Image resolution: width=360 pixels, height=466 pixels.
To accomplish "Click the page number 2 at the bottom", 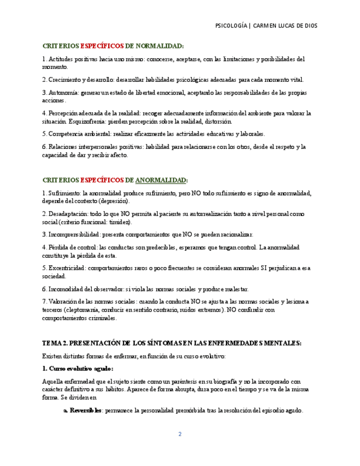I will pos(179,434).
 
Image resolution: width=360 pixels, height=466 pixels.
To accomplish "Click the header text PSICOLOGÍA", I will pos(231,26).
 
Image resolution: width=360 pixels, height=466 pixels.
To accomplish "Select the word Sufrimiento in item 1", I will pos(64,193).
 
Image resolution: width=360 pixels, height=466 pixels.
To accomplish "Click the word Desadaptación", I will pos(67,214).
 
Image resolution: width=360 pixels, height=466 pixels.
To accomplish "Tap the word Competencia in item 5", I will pos(66,134).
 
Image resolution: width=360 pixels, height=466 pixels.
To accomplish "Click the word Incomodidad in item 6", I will pos(66,289).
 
